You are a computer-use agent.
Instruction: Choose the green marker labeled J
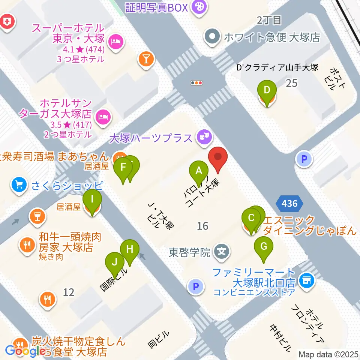[115, 264]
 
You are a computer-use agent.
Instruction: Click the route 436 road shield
[289, 204]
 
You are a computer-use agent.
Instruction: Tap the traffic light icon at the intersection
[196, 83]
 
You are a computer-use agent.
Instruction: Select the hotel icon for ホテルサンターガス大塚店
[102, 117]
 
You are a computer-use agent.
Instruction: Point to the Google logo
[23, 351]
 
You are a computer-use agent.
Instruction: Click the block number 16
[202, 226]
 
